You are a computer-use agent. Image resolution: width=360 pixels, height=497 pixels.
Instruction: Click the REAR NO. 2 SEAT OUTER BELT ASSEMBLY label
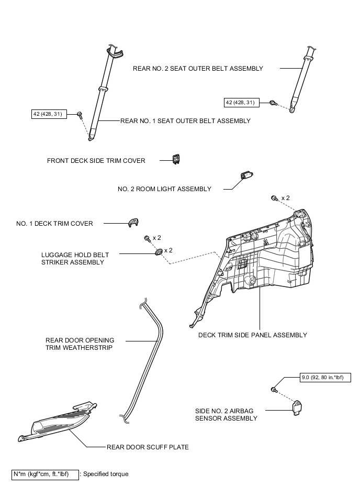pos(198,69)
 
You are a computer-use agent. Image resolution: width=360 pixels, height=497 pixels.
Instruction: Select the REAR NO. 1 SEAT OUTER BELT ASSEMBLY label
pos(185,121)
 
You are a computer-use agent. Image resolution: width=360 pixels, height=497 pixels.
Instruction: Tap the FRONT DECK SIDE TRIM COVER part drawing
pos(176,159)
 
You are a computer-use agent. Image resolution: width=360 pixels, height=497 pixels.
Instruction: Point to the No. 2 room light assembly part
pos(247,175)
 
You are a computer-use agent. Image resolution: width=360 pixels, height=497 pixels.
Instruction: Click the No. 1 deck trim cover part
pos(133,223)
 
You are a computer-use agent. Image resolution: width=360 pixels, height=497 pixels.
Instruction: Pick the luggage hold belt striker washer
pos(159,252)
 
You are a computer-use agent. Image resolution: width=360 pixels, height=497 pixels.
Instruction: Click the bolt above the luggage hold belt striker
pos(147,238)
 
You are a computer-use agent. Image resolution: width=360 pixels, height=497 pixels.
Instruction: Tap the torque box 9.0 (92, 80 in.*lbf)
pos(325,378)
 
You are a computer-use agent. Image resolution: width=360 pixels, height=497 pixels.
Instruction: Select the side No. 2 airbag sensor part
pos(297,407)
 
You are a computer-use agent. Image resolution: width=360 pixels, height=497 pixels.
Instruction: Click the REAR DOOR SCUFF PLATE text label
pos(148,447)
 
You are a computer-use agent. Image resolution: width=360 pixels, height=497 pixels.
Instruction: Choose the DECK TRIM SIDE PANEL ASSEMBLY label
pos(253,335)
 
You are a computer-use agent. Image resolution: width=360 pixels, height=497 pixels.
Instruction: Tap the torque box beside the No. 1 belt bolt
pos(49,114)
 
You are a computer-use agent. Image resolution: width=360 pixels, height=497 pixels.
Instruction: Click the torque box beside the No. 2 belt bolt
pos(242,103)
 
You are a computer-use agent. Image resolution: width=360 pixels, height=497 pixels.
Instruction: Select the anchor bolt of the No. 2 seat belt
pos(273,103)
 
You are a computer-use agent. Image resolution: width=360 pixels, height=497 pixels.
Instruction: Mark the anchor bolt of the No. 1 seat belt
pos(80,114)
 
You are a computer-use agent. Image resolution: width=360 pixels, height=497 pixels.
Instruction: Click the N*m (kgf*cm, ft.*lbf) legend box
pos(45,475)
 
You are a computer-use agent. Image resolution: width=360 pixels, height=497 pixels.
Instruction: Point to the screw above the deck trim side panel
pos(275,198)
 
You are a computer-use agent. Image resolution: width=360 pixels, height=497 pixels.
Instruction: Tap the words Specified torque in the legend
pos(106,474)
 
